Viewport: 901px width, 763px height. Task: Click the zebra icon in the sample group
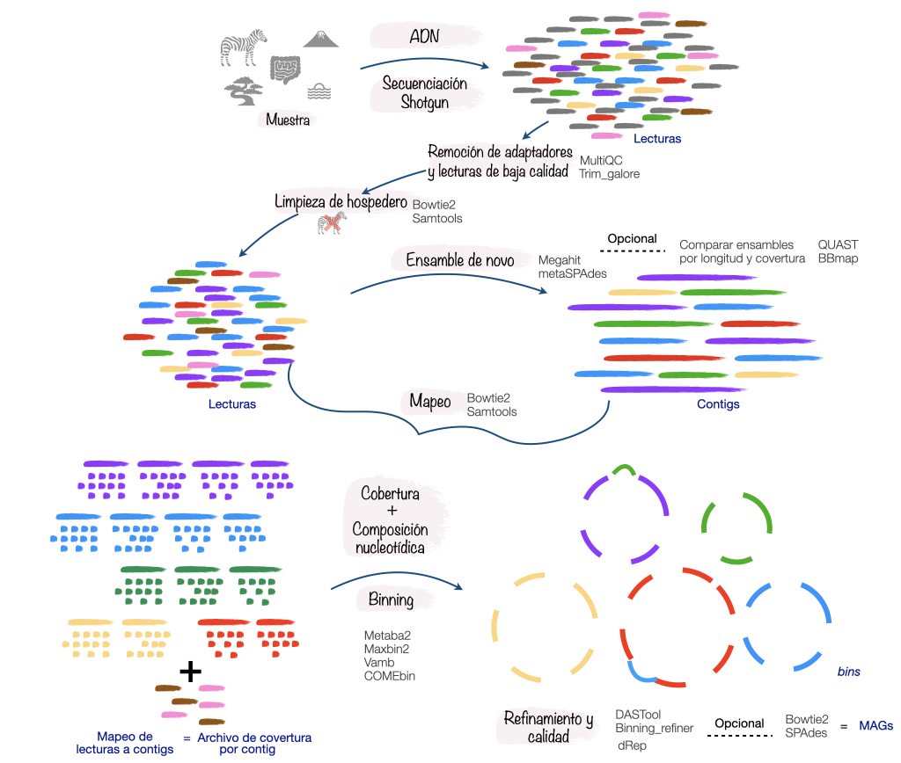click(x=243, y=49)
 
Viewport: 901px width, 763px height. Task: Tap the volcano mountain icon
click(x=321, y=40)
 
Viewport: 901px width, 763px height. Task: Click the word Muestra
click(x=287, y=120)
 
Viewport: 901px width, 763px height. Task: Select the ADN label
click(x=426, y=37)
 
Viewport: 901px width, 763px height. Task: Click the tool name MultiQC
click(x=601, y=161)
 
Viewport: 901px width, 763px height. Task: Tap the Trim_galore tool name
click(x=609, y=174)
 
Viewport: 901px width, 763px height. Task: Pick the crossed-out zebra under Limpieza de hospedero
click(x=332, y=225)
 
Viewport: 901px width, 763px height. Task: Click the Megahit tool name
click(x=561, y=261)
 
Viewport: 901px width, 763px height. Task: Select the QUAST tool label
click(x=838, y=244)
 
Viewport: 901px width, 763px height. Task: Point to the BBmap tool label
click(x=838, y=258)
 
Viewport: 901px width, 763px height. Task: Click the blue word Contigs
click(x=718, y=404)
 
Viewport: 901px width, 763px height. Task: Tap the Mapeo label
click(x=430, y=402)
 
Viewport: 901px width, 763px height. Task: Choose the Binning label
click(x=391, y=600)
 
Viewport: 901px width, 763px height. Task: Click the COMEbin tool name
click(x=390, y=676)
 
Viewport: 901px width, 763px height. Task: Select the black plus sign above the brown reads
click(x=190, y=672)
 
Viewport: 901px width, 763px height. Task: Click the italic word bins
click(x=848, y=672)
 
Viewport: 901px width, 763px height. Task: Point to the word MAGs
click(x=875, y=726)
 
